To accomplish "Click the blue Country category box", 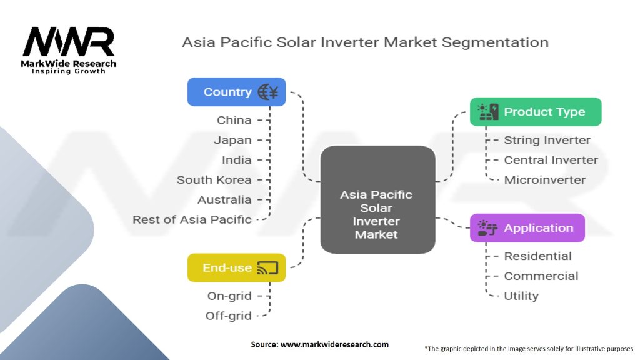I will click(x=236, y=92).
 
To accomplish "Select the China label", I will click(x=234, y=120).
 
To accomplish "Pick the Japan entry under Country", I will click(x=233, y=140).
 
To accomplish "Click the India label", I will click(x=237, y=160).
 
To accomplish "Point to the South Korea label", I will click(x=214, y=180).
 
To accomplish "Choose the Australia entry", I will click(x=224, y=200).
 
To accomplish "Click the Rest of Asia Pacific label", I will click(x=192, y=220).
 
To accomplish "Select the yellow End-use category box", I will click(x=236, y=268).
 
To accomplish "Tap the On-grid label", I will click(x=229, y=296).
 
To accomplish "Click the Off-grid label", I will click(x=229, y=316).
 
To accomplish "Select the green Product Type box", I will click(x=536, y=112).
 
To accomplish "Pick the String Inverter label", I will click(x=547, y=140).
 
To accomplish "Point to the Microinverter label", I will click(x=544, y=180).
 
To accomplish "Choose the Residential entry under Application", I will click(x=537, y=256).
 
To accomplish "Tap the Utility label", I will click(x=521, y=296).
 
